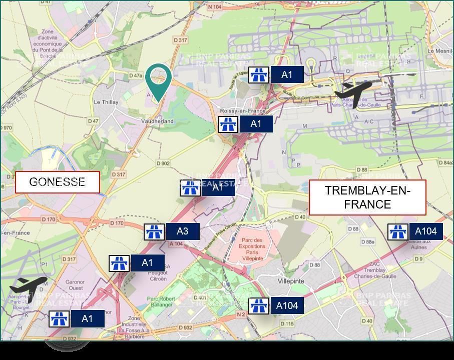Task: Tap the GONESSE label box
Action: click(x=57, y=182)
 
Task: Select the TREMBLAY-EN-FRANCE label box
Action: click(x=367, y=197)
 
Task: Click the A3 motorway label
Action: click(x=183, y=231)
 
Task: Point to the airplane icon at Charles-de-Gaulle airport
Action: click(x=353, y=92)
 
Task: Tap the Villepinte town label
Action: click(x=291, y=281)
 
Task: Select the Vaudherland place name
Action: click(x=157, y=121)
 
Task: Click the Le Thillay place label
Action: click(x=106, y=102)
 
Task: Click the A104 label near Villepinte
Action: click(x=287, y=305)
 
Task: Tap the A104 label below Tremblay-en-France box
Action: click(x=425, y=231)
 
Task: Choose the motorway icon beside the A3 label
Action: click(x=154, y=232)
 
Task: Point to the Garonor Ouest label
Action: click(x=75, y=285)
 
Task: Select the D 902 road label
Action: click(x=163, y=163)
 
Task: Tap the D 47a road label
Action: click(x=136, y=75)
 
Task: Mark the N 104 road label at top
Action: click(x=214, y=6)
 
